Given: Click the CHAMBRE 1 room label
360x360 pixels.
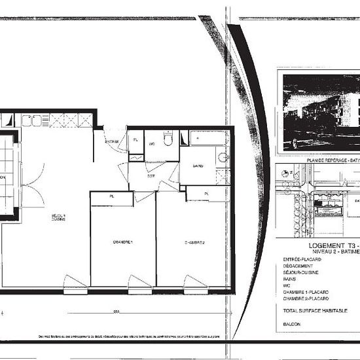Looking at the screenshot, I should pos(122,242).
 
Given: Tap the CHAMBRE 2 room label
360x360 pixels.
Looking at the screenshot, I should pos(194,242).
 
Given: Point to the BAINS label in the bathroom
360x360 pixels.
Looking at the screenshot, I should pos(198,166).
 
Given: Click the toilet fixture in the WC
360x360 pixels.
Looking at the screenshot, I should pos(168,139).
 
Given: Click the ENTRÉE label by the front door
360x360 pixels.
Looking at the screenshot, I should pos(112,141).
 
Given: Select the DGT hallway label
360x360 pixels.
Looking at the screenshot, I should pos(151,176).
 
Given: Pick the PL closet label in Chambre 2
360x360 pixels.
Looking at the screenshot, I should pos(206,194).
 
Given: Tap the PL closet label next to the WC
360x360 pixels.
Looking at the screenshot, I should pos(135,140).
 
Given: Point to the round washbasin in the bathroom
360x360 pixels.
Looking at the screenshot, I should pos(222,157).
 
